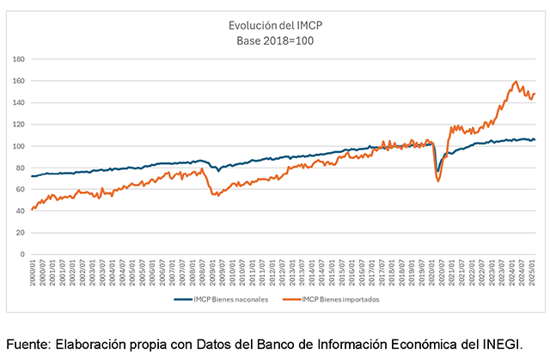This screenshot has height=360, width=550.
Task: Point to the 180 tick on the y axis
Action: point(19,59)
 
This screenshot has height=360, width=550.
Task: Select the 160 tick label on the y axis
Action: point(19,81)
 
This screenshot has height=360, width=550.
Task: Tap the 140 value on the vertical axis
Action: point(19,103)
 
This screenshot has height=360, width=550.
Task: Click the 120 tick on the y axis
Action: point(19,125)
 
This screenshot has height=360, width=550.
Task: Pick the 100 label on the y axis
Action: point(19,146)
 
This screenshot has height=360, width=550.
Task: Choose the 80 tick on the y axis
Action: point(21,168)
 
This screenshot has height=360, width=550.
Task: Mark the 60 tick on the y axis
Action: point(21,189)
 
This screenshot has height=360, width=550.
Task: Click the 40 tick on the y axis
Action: point(21,211)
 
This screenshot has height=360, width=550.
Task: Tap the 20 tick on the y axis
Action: point(21,233)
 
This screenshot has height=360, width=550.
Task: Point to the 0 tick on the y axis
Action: point(23,254)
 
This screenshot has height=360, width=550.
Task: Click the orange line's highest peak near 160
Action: point(516,82)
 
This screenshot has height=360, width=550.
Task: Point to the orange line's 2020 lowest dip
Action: point(438,180)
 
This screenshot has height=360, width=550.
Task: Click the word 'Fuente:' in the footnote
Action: point(27,344)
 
